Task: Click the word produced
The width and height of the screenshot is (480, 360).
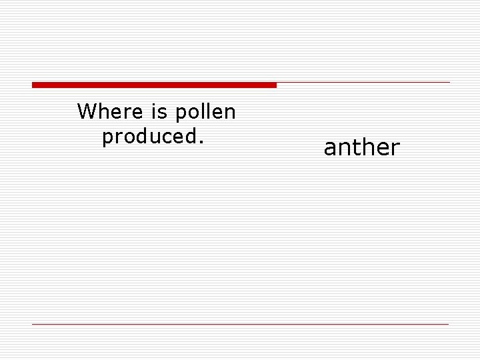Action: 148,137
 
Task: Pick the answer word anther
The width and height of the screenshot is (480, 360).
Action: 361,148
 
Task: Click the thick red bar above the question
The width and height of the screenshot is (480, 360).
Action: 154,85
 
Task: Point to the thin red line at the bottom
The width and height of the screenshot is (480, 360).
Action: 240,324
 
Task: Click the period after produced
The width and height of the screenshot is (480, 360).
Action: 199,143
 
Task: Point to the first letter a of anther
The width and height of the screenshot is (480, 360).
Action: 329,149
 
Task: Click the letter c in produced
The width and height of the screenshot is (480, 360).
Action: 159,138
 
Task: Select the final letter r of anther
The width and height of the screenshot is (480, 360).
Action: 395,149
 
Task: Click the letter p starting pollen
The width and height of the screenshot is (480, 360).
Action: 181,115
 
